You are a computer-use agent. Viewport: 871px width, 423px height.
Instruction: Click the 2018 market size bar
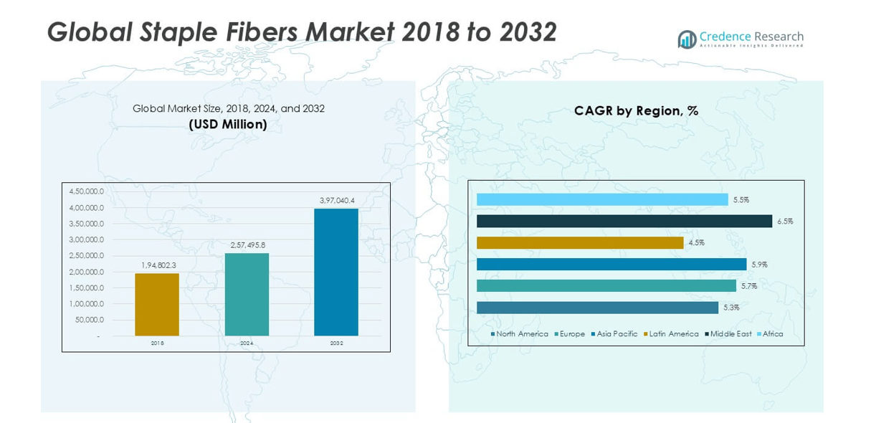point(157,304)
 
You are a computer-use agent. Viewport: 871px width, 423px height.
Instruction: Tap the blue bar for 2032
point(336,272)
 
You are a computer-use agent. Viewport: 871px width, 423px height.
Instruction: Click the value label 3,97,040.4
point(337,200)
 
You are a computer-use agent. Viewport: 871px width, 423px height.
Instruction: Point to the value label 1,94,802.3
point(157,265)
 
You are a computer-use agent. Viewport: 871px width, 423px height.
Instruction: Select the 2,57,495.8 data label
point(247,245)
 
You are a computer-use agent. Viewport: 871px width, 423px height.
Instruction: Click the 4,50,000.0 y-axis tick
point(86,191)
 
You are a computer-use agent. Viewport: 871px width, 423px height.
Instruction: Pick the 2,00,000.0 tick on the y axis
point(86,272)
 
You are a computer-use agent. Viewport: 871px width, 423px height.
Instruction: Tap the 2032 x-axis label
point(336,343)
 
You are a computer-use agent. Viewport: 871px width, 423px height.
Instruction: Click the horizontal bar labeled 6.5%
point(624,222)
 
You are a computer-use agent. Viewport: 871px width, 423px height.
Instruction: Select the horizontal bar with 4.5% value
point(580,243)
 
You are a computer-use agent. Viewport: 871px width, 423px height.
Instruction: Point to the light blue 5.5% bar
point(602,200)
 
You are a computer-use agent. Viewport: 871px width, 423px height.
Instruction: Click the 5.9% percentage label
point(760,265)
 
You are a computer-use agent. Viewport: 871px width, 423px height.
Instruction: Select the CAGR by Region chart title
point(636,110)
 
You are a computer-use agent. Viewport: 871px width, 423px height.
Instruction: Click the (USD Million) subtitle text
point(228,124)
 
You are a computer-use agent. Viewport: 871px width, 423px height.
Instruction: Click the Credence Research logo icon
point(687,39)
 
